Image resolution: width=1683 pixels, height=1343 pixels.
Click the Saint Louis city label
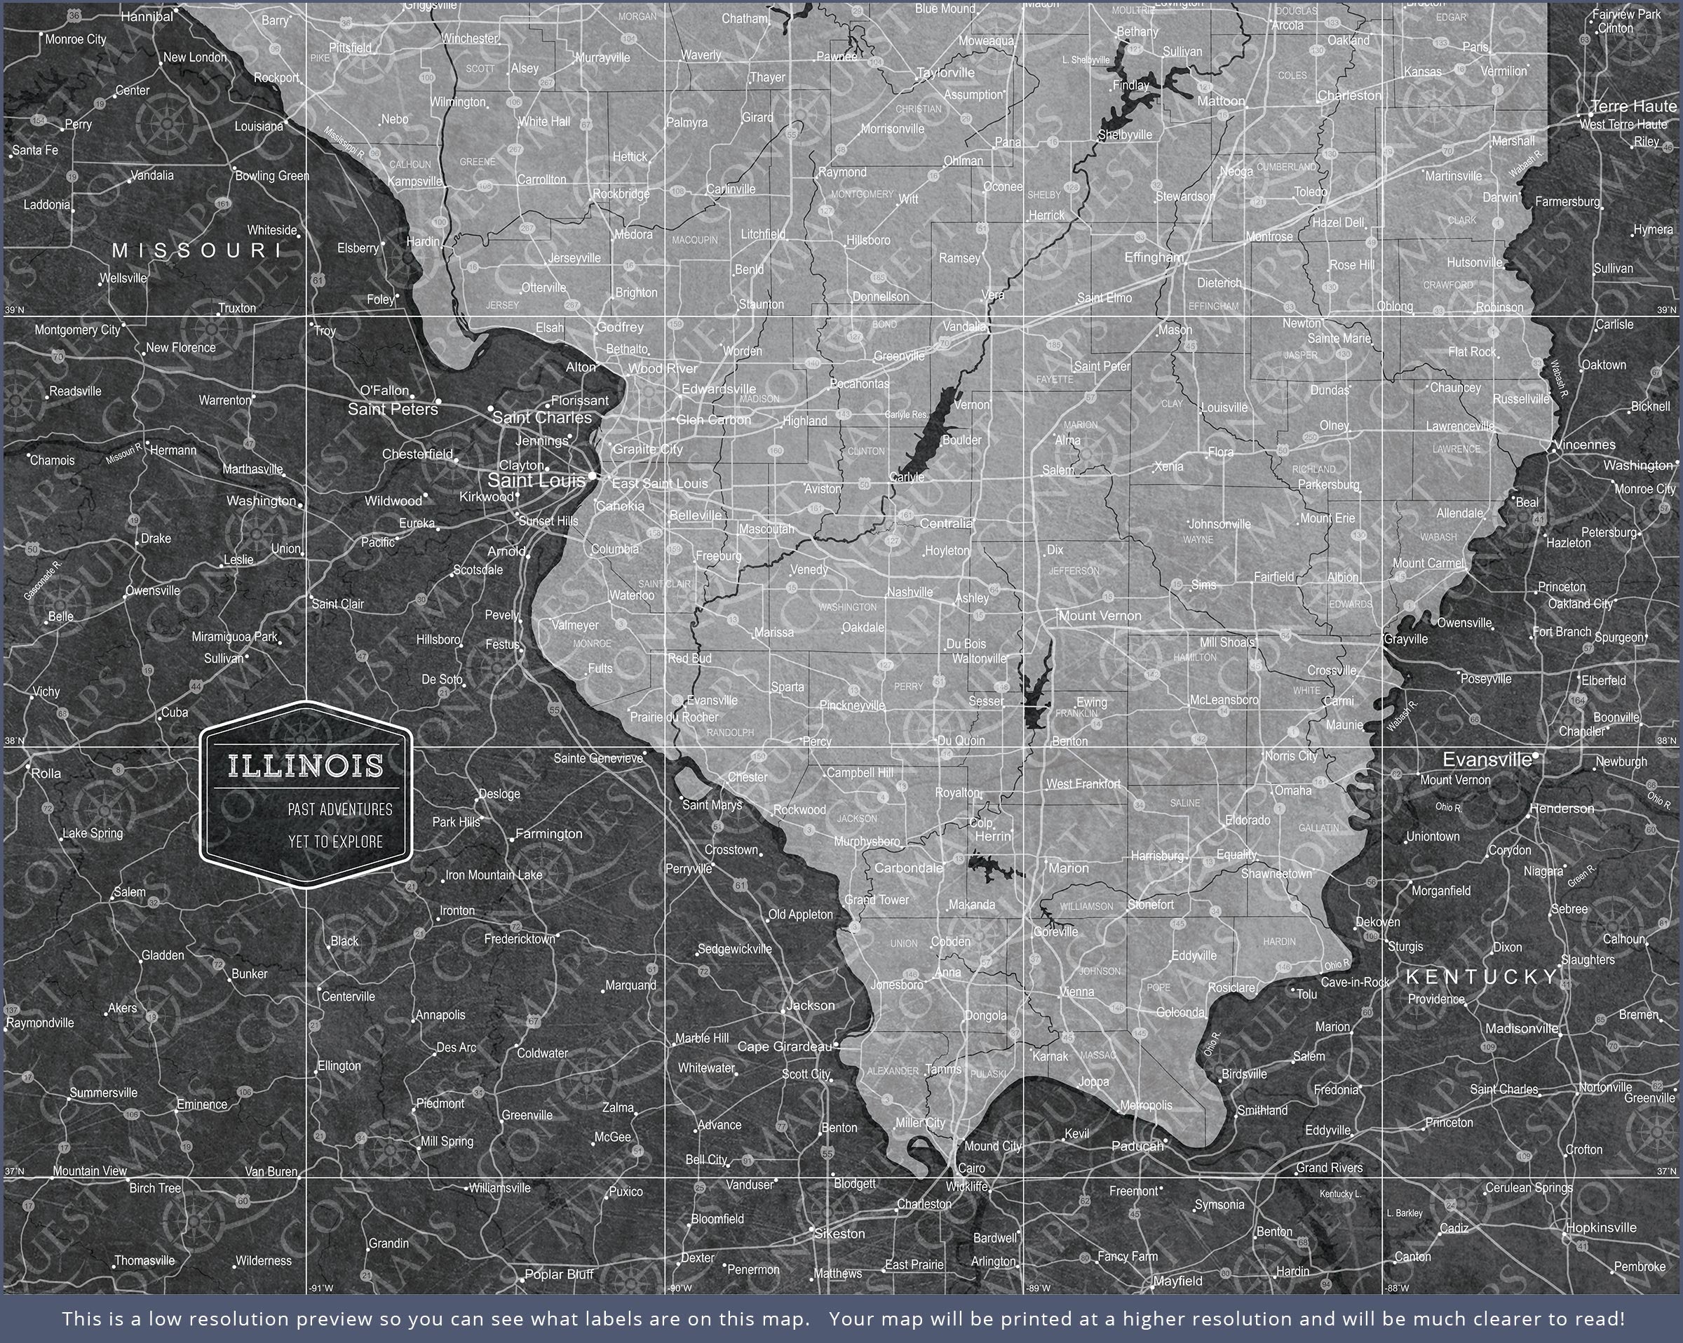(x=536, y=481)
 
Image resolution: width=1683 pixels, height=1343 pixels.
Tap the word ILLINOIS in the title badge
(x=306, y=766)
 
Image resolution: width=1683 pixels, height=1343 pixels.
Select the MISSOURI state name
(x=198, y=250)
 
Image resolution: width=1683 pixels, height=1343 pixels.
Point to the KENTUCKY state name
(x=1482, y=977)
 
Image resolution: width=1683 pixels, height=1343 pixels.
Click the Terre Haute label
(x=1633, y=106)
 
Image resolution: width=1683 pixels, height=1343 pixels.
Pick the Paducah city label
(x=1137, y=1145)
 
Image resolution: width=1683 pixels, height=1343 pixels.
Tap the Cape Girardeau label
(x=785, y=1046)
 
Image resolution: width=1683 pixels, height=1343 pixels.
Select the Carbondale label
(x=909, y=868)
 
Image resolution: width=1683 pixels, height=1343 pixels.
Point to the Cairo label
(x=971, y=1168)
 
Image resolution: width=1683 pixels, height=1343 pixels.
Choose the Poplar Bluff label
(x=559, y=1274)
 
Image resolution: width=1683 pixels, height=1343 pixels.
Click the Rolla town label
(x=46, y=773)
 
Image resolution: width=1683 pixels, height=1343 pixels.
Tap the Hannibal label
(x=147, y=16)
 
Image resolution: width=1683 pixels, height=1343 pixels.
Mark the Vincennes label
(x=1585, y=445)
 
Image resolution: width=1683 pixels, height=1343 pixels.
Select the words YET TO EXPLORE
(x=336, y=842)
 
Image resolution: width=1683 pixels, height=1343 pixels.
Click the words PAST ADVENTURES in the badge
(x=339, y=810)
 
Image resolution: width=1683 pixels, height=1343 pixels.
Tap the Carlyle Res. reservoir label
(x=906, y=414)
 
